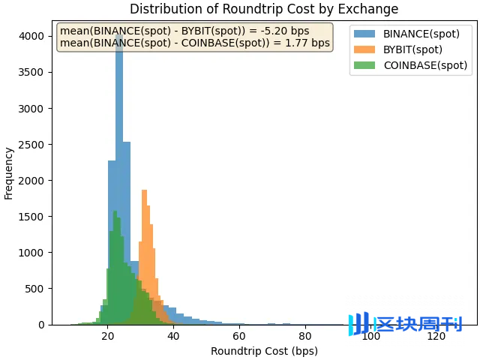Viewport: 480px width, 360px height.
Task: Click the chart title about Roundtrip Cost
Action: click(264, 9)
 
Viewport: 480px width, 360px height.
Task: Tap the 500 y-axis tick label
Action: click(37, 289)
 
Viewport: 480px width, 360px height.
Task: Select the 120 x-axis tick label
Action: click(436, 337)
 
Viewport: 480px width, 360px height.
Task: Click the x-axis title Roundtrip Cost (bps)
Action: click(264, 351)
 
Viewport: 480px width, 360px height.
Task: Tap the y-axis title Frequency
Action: click(9, 173)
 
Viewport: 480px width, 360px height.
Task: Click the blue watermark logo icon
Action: click(359, 324)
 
